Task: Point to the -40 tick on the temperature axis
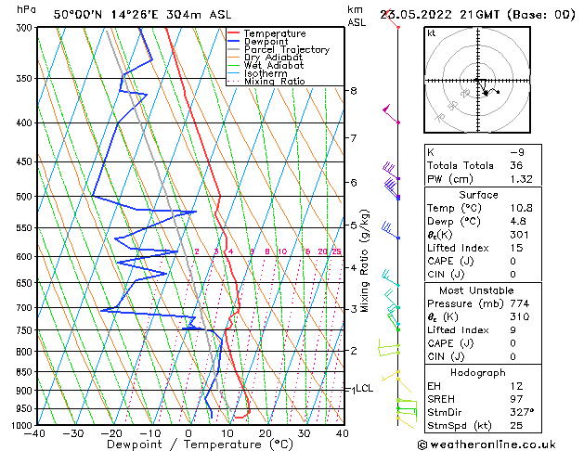tap(36, 432)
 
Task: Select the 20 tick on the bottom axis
tap(265, 432)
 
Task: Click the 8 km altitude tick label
tap(354, 91)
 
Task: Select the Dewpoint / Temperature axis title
tap(188, 445)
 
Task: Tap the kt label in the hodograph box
tap(432, 33)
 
